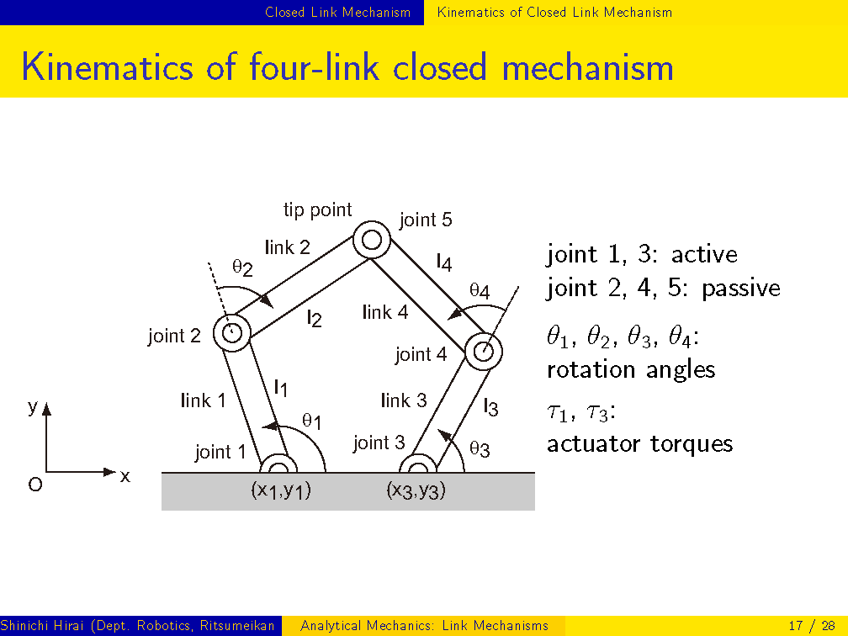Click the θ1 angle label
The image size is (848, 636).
pyautogui.click(x=312, y=421)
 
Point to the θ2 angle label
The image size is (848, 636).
pyautogui.click(x=242, y=267)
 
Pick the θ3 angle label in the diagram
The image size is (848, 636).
pyautogui.click(x=480, y=449)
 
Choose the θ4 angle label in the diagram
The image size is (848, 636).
pyautogui.click(x=480, y=291)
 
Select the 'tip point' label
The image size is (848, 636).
pyautogui.click(x=317, y=209)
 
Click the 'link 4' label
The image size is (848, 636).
pyautogui.click(x=385, y=312)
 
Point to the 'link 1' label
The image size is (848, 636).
pyautogui.click(x=203, y=400)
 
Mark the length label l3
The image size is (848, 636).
pyautogui.click(x=490, y=407)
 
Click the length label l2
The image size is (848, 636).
pyautogui.click(x=315, y=318)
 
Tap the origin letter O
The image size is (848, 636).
pyautogui.click(x=35, y=484)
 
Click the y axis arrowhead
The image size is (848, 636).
pyautogui.click(x=46, y=409)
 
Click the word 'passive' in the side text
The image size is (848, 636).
pyautogui.click(x=741, y=288)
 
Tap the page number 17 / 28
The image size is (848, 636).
pyautogui.click(x=812, y=626)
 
